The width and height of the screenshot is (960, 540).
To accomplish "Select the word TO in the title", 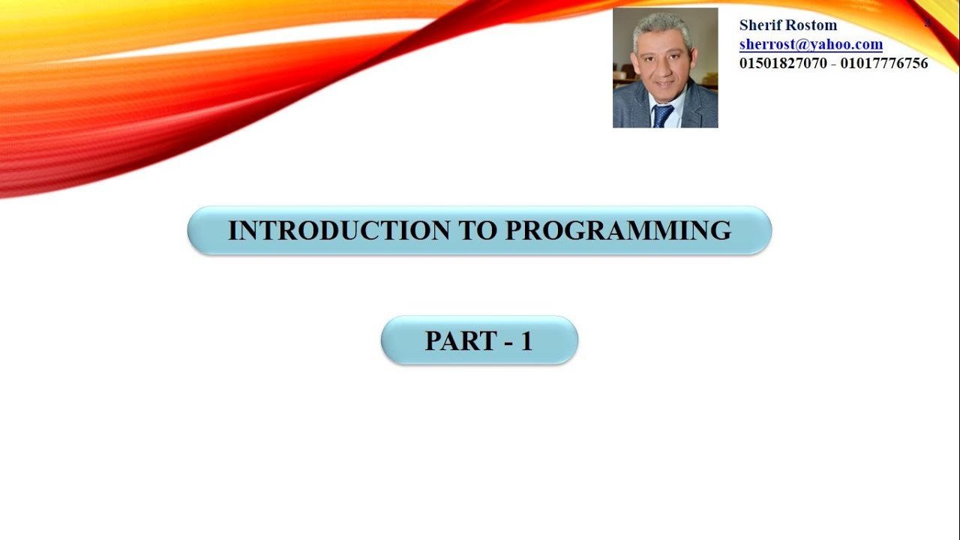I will [x=477, y=230].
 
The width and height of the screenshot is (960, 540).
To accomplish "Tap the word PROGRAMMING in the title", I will [x=618, y=230].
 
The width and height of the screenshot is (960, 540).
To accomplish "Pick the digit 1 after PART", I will [x=526, y=341].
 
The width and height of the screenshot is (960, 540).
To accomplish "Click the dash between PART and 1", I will [x=508, y=343].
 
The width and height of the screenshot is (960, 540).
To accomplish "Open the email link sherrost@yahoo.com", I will [x=811, y=44].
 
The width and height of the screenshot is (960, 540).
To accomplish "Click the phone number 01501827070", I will [x=783, y=64].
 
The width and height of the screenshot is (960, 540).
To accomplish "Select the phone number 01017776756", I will [x=884, y=64].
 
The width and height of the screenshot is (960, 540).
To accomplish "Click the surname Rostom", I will [x=812, y=25].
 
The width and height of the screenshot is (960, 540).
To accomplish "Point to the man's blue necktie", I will [x=662, y=115].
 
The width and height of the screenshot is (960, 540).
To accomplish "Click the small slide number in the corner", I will [x=927, y=22].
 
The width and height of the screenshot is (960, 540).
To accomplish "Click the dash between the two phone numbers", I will [x=833, y=64].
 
